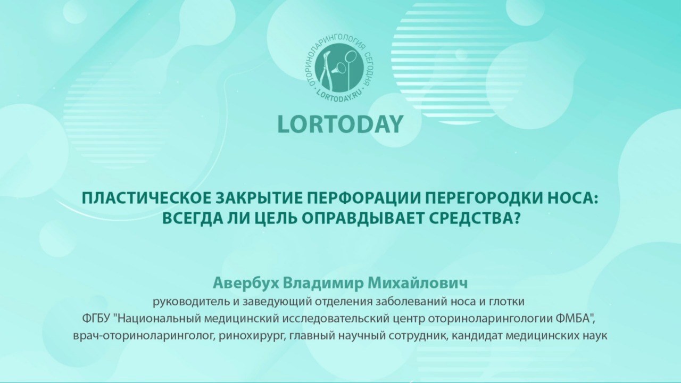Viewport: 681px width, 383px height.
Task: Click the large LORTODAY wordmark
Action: point(340,124)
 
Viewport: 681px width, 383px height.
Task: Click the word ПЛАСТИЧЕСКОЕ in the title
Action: point(146,199)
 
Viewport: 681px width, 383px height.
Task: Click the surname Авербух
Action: point(245,284)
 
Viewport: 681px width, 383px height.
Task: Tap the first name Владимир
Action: point(323,284)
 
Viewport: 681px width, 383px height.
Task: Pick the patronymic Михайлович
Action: point(418,284)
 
